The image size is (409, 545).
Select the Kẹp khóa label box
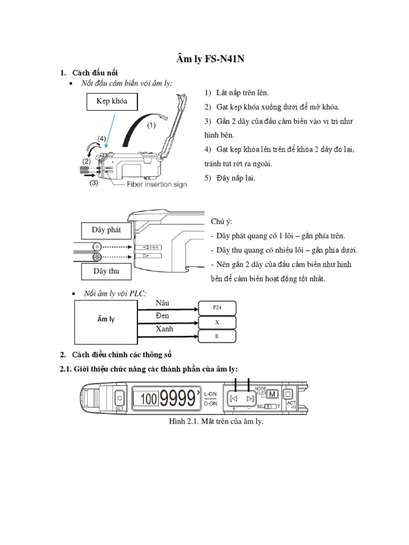pyautogui.click(x=111, y=101)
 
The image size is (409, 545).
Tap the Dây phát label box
pyautogui.click(x=106, y=230)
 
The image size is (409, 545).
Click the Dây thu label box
pyautogui.click(x=106, y=271)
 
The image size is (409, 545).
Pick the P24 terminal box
pyautogui.click(x=217, y=308)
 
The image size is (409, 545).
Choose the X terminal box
pyautogui.click(x=217, y=323)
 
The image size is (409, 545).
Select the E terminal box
pyautogui.click(x=217, y=337)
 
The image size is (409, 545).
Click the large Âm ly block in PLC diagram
pyautogui.click(x=106, y=319)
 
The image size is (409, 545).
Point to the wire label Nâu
pyautogui.click(x=162, y=303)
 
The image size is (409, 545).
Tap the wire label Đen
pyautogui.click(x=162, y=316)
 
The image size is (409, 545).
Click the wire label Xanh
pyautogui.click(x=164, y=329)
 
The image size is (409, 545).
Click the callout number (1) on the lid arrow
pyautogui.click(x=151, y=126)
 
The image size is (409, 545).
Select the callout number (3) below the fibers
pyautogui.click(x=94, y=183)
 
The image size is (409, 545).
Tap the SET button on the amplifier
pyautogui.click(x=119, y=398)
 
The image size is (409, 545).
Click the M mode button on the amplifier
pyautogui.click(x=272, y=394)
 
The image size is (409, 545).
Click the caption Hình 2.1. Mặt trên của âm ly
pyautogui.click(x=216, y=422)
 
